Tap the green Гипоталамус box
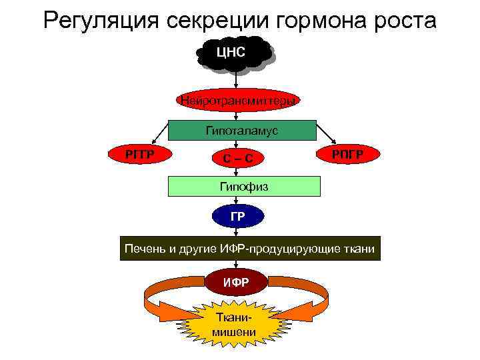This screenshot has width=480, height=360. [x=241, y=131]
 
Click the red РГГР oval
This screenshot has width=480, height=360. [x=140, y=154]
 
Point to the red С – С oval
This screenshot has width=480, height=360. [x=238, y=159]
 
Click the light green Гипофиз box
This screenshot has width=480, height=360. [x=243, y=187]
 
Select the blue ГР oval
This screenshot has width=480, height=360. [x=237, y=216]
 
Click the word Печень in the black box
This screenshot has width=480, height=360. [x=145, y=249]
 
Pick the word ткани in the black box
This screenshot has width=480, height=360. [x=359, y=249]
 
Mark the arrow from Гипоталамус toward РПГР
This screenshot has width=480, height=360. [x=325, y=131]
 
